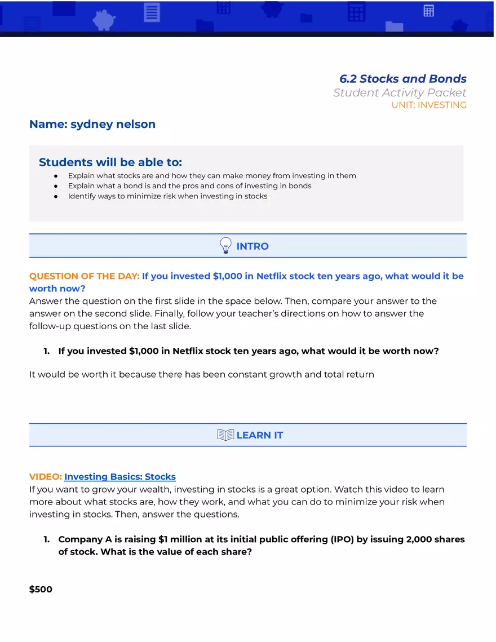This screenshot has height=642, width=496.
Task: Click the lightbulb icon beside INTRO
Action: (225, 246)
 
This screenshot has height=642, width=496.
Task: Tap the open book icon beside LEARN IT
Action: (225, 435)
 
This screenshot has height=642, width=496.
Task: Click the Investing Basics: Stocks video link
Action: (120, 477)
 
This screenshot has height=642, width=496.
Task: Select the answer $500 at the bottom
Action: (41, 590)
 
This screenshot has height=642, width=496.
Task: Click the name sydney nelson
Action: (113, 125)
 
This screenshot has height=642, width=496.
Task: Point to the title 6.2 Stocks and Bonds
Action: (402, 79)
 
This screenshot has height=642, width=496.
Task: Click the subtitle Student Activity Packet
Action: (400, 93)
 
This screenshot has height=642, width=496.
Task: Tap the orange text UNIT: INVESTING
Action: (429, 105)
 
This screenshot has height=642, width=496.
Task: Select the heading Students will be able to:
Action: (110, 163)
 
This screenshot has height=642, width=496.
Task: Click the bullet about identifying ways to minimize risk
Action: (167, 197)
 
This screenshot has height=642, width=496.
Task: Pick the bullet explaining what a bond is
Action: (189, 186)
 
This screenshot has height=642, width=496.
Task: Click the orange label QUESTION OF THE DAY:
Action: (84, 276)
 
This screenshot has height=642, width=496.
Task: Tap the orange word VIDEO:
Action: (46, 477)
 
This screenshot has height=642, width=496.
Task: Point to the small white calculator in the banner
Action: (429, 11)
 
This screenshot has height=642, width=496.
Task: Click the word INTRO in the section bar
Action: (253, 246)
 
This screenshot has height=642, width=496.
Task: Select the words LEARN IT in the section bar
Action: (260, 435)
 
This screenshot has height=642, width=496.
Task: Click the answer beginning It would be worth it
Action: (201, 374)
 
